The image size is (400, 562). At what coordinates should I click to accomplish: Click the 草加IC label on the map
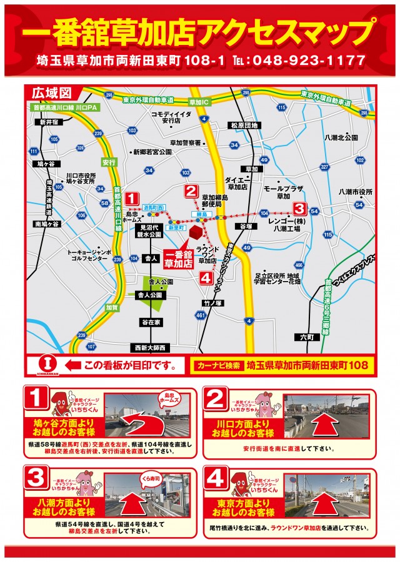pos(199,101)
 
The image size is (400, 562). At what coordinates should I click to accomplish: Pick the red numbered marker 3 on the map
pos(299,208)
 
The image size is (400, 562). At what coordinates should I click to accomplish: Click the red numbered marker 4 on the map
pos(206,279)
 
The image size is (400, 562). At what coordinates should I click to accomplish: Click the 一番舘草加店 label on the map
pos(180,258)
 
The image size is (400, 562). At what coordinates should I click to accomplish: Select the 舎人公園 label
pos(150,294)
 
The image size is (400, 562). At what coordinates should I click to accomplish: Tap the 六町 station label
pos(306,337)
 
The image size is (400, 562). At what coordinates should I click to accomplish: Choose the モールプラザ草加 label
pos(283,192)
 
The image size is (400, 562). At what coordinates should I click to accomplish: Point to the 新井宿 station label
pos(48,122)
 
